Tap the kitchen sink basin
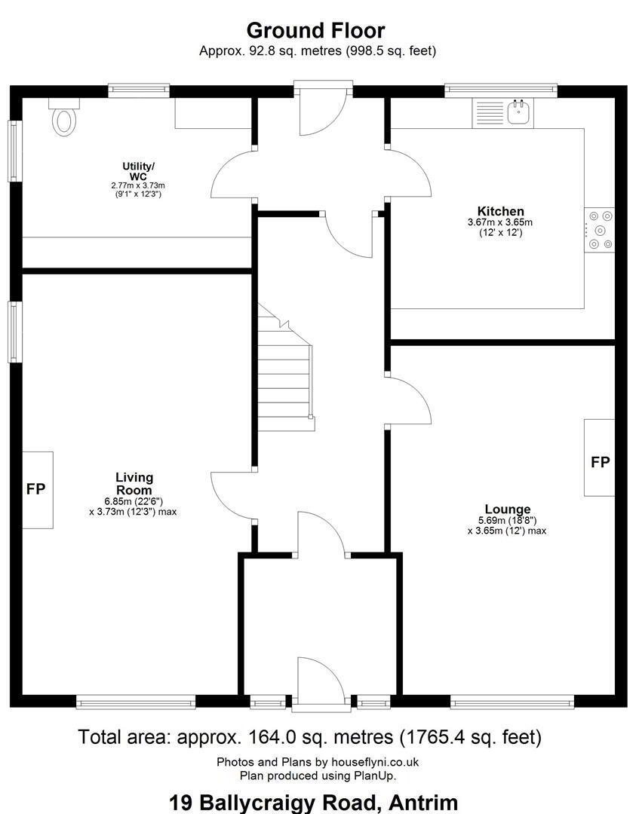(518, 112)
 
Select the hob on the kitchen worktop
(600, 230)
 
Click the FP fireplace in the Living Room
(38, 490)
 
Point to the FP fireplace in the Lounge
(600, 458)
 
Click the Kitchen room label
(500, 211)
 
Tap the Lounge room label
(508, 510)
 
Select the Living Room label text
(134, 484)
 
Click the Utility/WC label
(138, 171)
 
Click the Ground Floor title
(316, 31)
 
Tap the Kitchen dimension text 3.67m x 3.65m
(500, 222)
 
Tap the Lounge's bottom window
(512, 703)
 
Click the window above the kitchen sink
(501, 90)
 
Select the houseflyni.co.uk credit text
(375, 762)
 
